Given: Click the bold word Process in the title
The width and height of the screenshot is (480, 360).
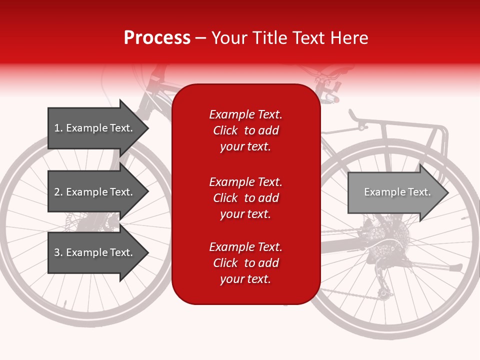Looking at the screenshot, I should [x=157, y=38].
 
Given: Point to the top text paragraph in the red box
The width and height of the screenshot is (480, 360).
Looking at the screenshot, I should [x=245, y=130].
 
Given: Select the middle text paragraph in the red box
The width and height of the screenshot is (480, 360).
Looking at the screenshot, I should [x=245, y=198].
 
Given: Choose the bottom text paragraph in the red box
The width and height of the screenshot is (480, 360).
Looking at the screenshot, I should [x=245, y=263].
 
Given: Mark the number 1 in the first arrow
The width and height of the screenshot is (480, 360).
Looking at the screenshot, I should [x=57, y=128].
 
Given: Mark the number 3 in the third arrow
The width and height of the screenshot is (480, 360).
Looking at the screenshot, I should [x=57, y=252].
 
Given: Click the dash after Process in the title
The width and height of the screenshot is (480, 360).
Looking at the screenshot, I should [x=200, y=38].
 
